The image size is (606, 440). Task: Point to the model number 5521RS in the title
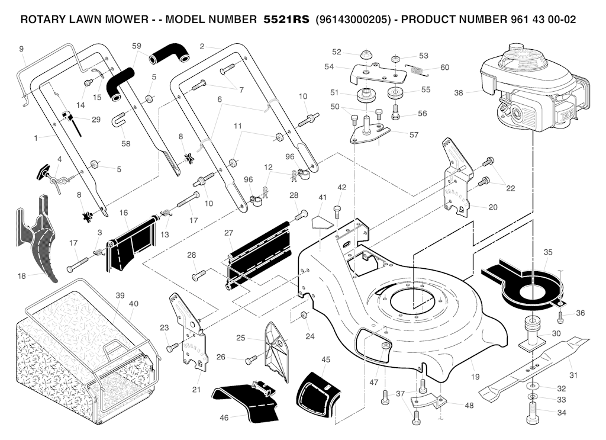coord(286,19)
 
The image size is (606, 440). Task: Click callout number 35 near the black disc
coord(548,252)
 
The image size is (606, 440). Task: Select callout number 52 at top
coord(337,52)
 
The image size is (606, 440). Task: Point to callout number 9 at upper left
coord(21,49)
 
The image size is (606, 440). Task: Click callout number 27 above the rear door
coord(228,233)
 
